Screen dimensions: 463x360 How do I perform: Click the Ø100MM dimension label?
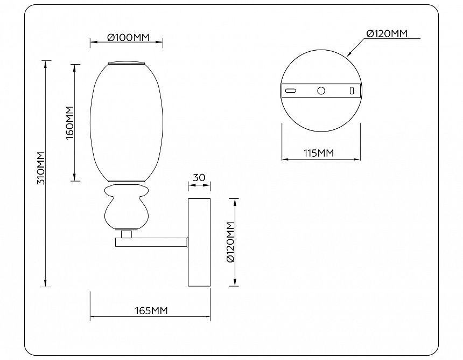129,38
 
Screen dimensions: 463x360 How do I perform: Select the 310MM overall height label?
40,168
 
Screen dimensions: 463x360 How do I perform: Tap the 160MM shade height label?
69,123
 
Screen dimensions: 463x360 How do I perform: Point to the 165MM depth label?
151,310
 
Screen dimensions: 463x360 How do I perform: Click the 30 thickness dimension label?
199,178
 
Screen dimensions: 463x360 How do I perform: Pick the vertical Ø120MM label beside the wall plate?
230,242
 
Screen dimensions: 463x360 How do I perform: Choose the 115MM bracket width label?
319,153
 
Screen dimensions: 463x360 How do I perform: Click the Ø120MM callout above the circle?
387,34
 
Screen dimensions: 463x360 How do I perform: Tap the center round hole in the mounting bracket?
321,91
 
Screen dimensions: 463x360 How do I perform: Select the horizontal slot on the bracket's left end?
291,91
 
